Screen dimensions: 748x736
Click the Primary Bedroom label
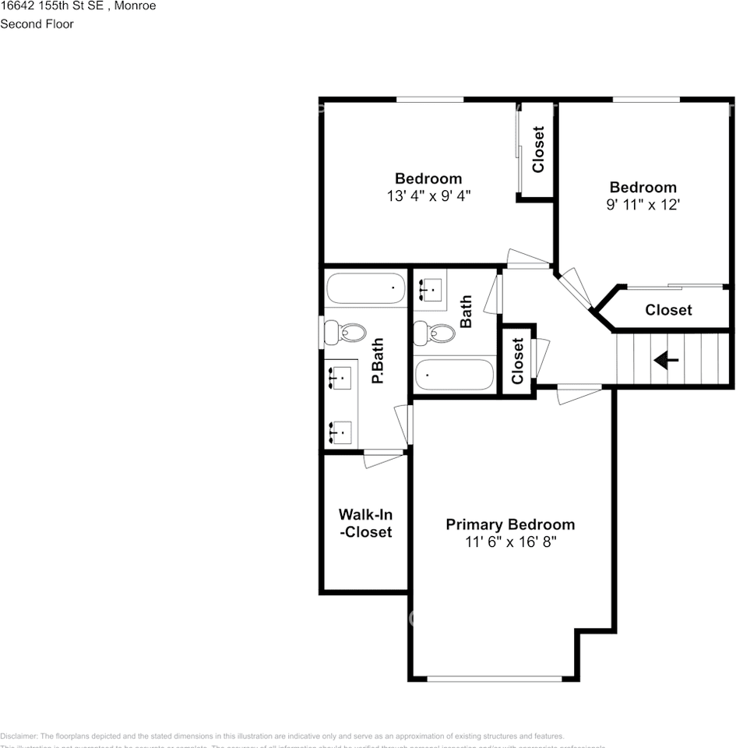tap(510, 524)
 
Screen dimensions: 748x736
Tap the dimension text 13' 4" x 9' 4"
tap(428, 196)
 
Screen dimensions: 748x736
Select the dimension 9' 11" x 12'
tap(643, 205)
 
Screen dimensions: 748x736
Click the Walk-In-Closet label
tap(365, 524)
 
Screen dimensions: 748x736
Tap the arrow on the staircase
tap(666, 360)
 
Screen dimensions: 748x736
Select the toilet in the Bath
tap(434, 333)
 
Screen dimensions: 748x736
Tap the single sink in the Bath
tap(430, 289)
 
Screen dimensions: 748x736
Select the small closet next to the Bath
tap(517, 361)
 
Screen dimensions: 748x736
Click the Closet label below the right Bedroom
tap(668, 310)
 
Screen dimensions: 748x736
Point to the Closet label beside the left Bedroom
tap(537, 150)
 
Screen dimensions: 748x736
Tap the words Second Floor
tap(37, 24)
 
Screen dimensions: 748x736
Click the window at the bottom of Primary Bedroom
tap(494, 679)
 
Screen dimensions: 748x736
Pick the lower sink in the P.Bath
tap(340, 431)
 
